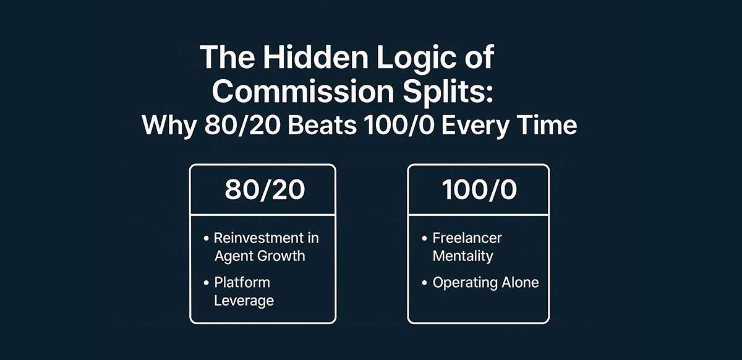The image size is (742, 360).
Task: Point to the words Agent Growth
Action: point(260,255)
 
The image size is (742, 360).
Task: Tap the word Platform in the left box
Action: point(242,283)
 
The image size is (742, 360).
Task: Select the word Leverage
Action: point(244,301)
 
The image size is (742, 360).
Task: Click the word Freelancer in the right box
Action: point(467,238)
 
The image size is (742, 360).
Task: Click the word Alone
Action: point(518,283)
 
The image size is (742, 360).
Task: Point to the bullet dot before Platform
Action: point(206,283)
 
